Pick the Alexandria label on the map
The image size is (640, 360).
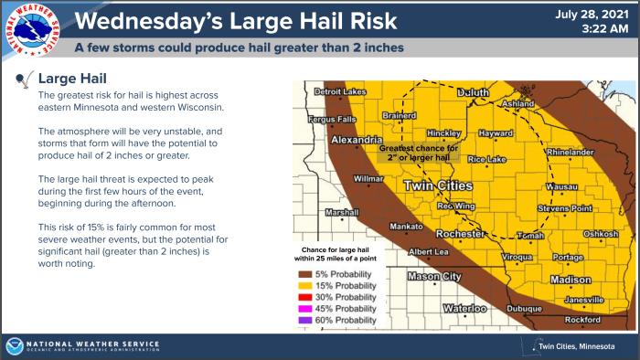pos(355,141)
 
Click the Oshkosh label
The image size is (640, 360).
pos(601,233)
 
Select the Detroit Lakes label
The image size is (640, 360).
pos(339,92)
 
